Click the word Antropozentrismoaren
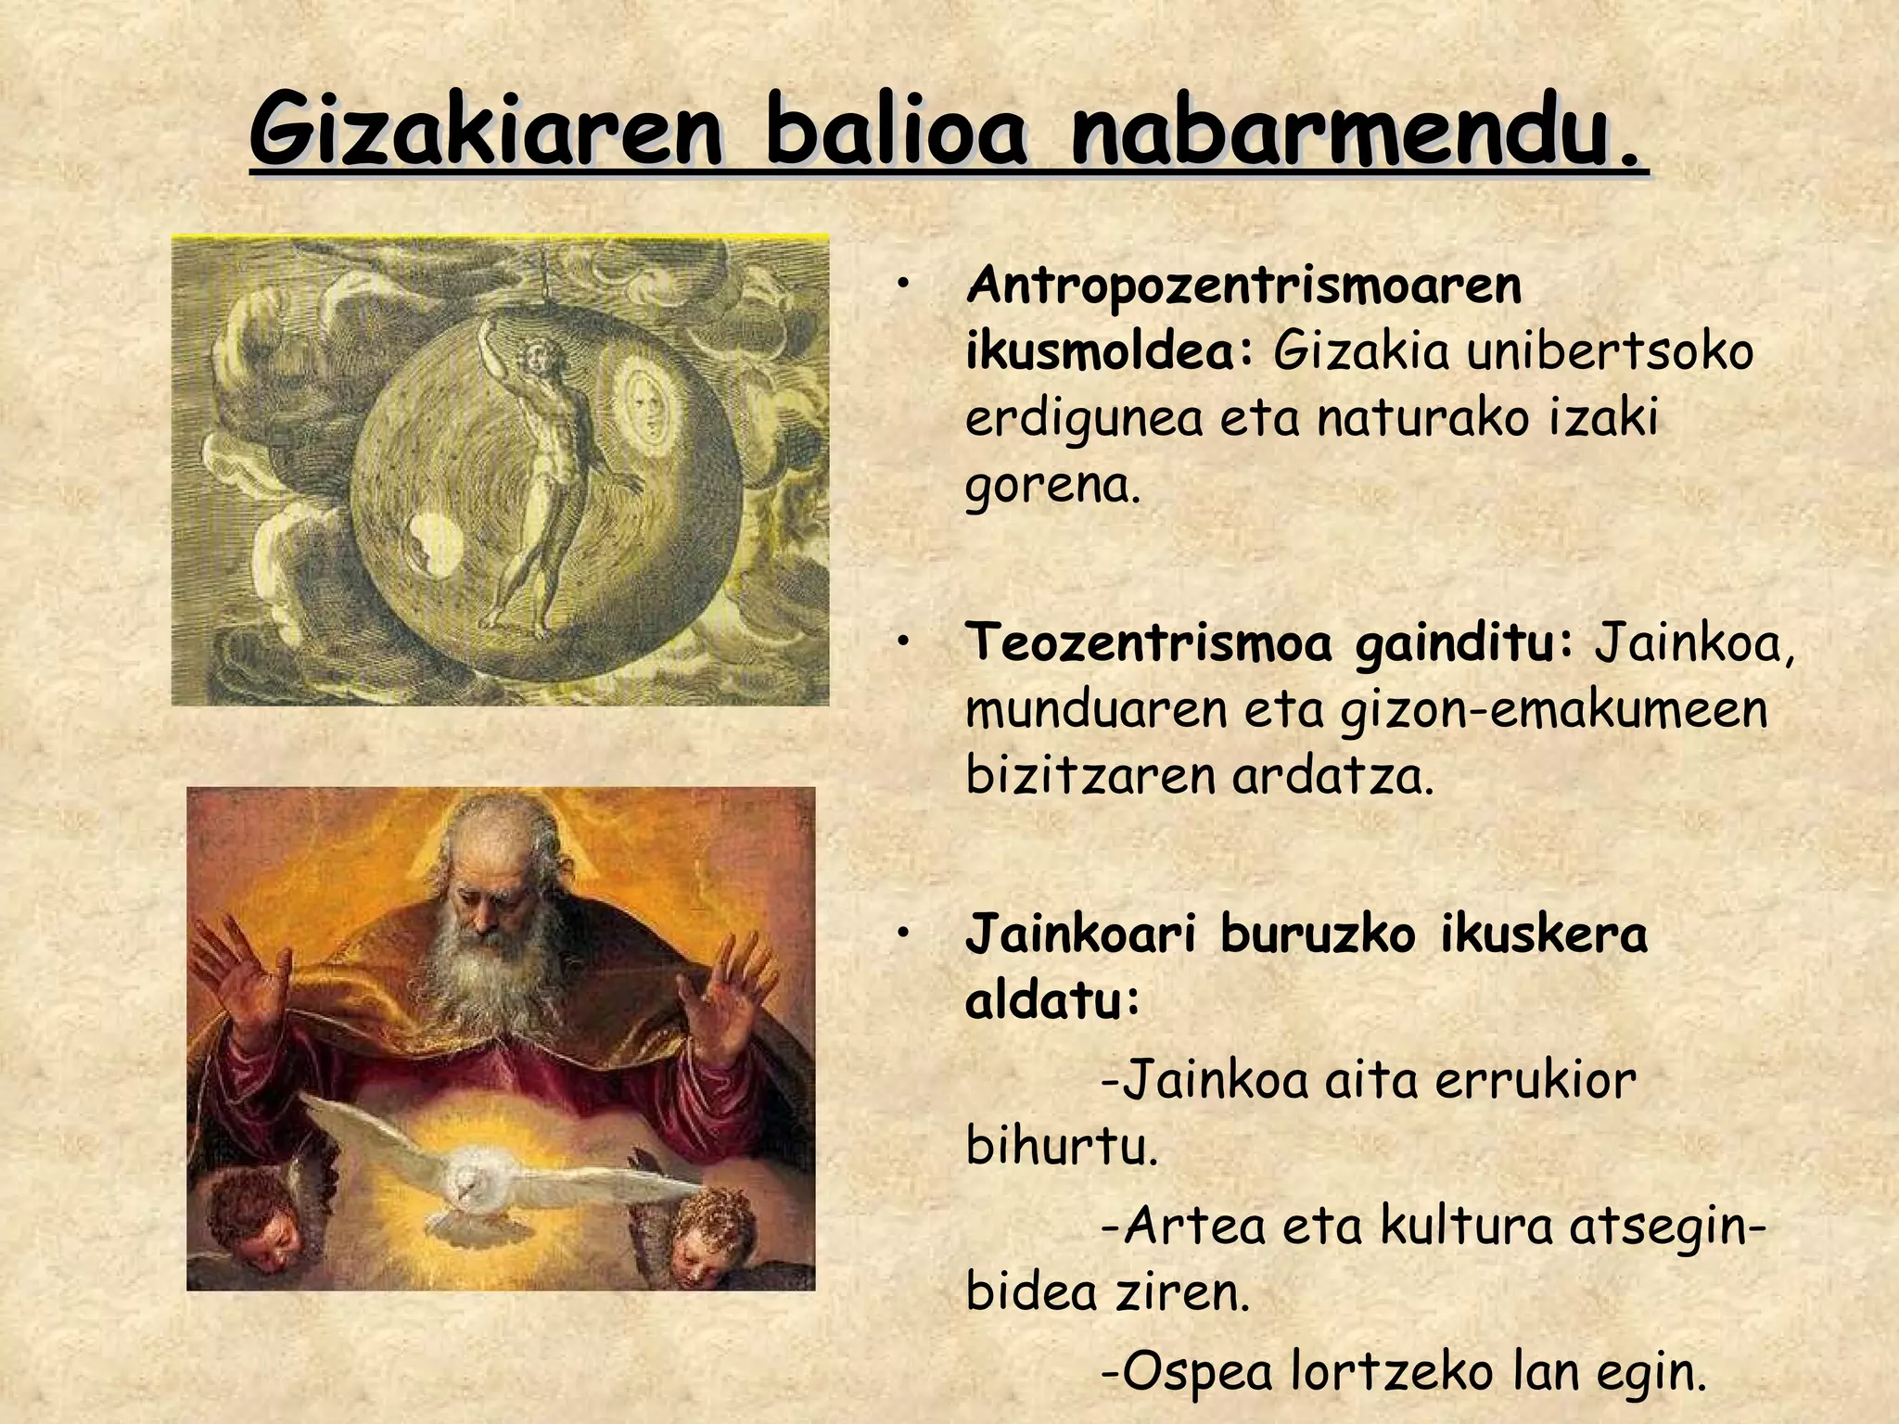point(1243,286)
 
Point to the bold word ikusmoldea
point(1108,352)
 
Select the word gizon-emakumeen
point(1553,709)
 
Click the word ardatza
point(1332,776)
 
